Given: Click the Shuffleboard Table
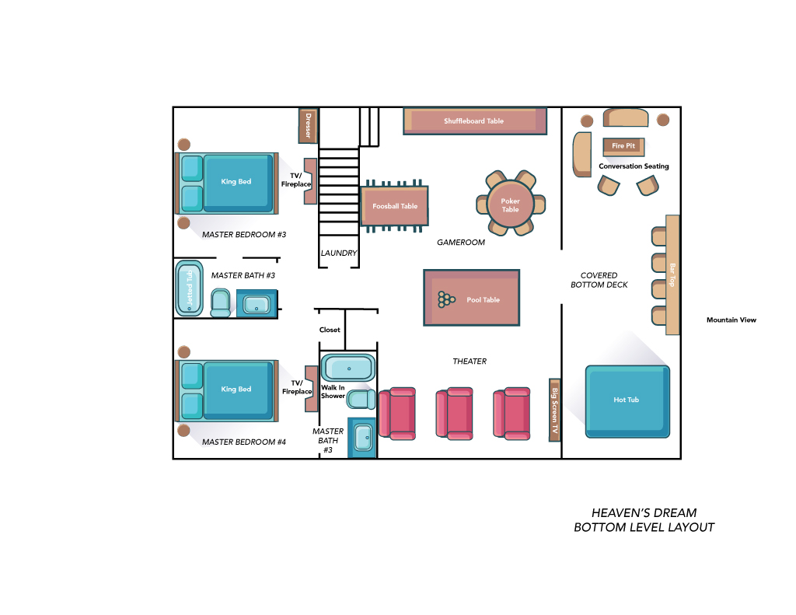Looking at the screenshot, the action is coord(475,121).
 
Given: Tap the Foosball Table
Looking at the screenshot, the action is coord(394,206).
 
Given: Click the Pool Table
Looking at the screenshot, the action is coord(472,298).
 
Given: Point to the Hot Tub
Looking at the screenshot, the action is coord(627,401).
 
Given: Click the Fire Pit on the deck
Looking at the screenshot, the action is coord(623,146).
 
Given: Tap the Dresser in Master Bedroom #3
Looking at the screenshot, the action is coord(308,125).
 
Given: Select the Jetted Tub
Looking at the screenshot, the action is coord(190,288).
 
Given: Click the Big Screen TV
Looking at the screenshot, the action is coord(554,410).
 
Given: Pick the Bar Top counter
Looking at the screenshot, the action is coord(672,274).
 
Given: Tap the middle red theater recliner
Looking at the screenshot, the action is coord(454,413).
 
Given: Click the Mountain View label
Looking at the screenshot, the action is coord(731,320).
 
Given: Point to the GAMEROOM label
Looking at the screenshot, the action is coord(461,243).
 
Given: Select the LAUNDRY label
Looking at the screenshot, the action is coord(339,253).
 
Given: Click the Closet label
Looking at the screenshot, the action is coord(330,330).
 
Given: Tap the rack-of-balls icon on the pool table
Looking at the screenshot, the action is coord(446,299).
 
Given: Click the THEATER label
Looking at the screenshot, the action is coord(470,361).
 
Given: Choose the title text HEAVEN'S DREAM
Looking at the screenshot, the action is coord(644,513).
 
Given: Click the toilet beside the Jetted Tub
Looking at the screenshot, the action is coord(220,302).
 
